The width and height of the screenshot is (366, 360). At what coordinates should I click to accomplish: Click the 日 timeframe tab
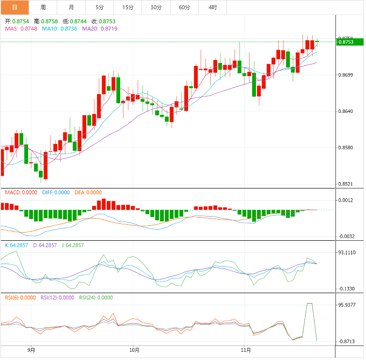tap(15, 7)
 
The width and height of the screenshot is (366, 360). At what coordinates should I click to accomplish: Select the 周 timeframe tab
tap(43, 7)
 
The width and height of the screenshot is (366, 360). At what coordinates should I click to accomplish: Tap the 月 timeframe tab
tap(71, 7)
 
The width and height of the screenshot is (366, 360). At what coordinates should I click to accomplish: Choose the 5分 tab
tap(99, 7)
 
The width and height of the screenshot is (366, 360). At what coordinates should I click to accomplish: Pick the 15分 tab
tap(128, 7)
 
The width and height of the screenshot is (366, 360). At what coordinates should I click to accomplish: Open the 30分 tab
tap(156, 7)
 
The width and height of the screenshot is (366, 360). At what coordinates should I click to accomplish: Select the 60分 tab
tap(184, 7)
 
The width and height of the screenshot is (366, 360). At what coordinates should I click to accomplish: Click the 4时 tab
tap(213, 7)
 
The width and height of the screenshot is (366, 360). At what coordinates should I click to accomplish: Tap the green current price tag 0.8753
tap(349, 42)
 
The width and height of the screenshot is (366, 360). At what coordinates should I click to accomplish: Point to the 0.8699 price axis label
tap(346, 75)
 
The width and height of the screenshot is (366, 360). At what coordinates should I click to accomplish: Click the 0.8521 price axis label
tap(346, 184)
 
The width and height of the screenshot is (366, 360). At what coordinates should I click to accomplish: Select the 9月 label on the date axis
tap(32, 350)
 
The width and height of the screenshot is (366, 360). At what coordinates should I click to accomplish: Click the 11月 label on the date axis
tap(246, 350)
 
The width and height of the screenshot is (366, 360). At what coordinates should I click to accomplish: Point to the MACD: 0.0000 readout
tap(21, 193)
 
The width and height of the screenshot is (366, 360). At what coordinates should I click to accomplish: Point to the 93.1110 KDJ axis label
tap(347, 252)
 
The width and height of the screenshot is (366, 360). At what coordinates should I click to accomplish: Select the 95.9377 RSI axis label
tap(347, 305)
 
